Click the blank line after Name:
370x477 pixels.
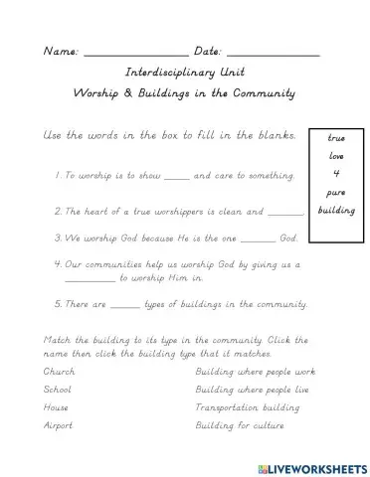(x=135, y=53)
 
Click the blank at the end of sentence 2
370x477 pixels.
(x=286, y=213)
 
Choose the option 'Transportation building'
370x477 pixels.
(x=240, y=406)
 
